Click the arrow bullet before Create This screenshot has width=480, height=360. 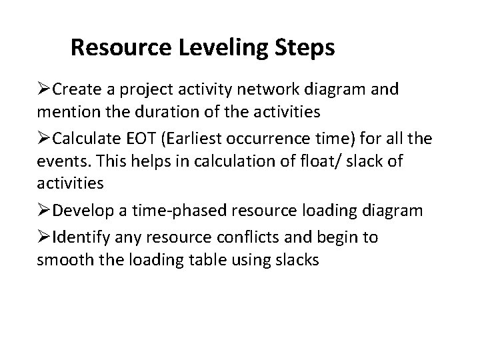(45, 90)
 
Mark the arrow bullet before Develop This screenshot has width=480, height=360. (45, 211)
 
